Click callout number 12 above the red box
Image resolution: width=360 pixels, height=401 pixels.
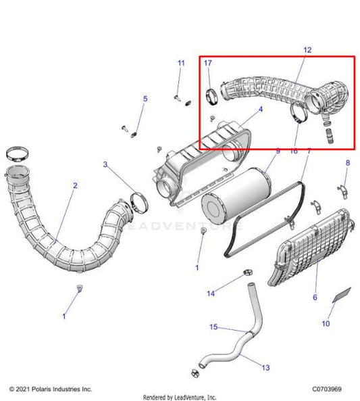click(307, 50)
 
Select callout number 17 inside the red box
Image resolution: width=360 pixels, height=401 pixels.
click(208, 63)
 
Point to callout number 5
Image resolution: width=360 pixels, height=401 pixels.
click(145, 99)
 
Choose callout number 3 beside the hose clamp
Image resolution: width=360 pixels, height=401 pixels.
click(105, 164)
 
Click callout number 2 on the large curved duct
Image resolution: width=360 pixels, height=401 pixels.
click(75, 185)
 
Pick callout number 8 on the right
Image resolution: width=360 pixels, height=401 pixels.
click(348, 163)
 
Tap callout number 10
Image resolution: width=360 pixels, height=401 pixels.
click(326, 324)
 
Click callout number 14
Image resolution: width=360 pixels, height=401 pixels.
click(211, 293)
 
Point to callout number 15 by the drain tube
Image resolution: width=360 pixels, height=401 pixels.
click(213, 327)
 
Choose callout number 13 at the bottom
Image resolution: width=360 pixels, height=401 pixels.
click(265, 368)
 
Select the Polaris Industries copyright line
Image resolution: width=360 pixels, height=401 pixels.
click(51, 390)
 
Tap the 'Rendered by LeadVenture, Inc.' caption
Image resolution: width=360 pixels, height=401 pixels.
click(180, 396)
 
